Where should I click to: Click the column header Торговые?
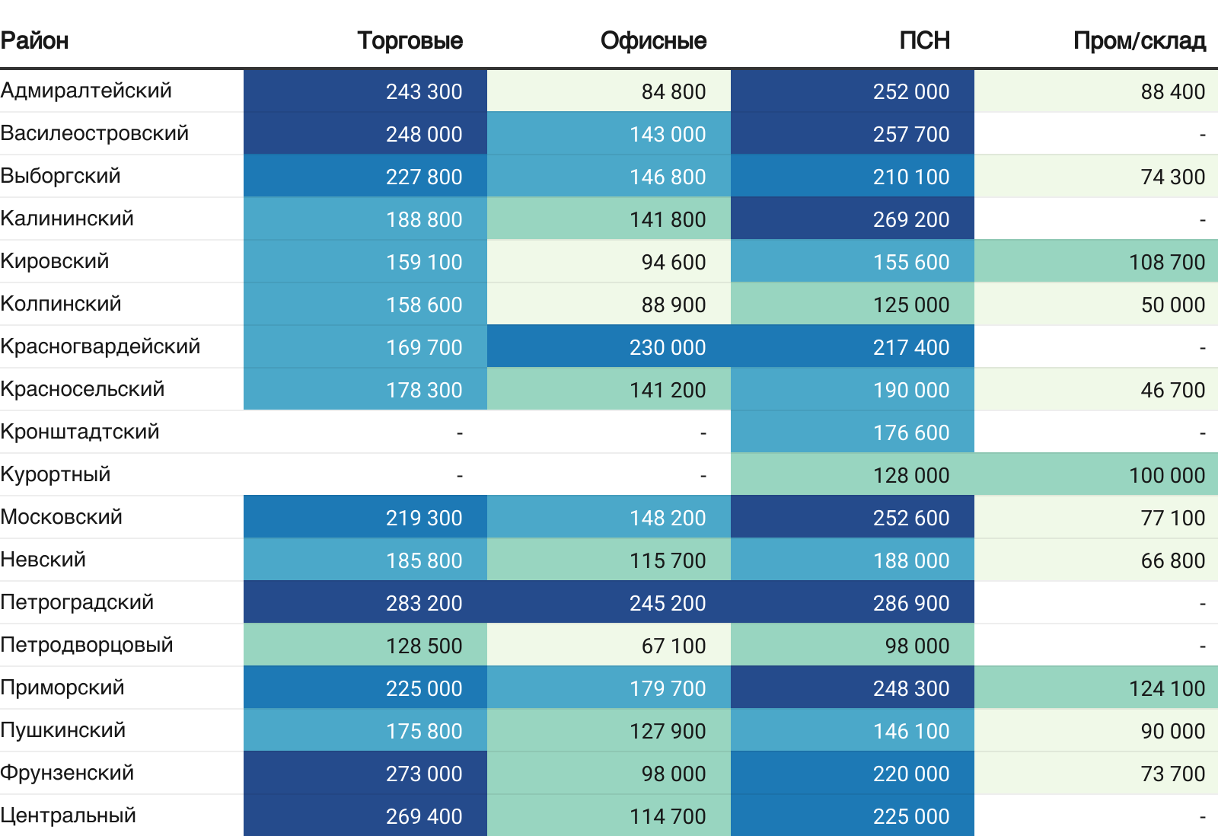tap(410, 40)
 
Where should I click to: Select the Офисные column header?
tap(653, 40)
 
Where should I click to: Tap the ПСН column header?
tap(924, 40)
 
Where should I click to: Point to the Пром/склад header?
tap(1139, 40)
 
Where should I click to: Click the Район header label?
tap(35, 40)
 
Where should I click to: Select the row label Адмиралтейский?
tap(86, 91)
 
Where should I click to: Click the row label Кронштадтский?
tap(80, 432)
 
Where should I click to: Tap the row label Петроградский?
tap(77, 602)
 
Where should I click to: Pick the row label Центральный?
tap(69, 815)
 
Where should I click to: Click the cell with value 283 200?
tap(423, 603)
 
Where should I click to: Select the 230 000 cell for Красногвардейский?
tap(667, 347)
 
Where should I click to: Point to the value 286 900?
tap(910, 603)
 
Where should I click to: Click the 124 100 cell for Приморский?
tap(1166, 688)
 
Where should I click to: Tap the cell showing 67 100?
tap(673, 646)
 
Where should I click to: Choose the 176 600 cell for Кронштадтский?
tap(910, 432)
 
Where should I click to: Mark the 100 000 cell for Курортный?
tap(1166, 475)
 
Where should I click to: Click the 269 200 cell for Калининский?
tap(910, 219)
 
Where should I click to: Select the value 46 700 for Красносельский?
tap(1172, 390)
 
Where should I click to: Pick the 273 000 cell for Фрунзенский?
tap(423, 774)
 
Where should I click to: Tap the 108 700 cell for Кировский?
tap(1166, 262)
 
